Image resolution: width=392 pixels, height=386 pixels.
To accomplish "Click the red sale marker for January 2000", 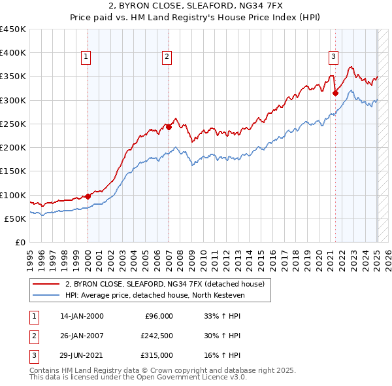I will [88, 196].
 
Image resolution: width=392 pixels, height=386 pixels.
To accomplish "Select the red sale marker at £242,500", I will [169, 128].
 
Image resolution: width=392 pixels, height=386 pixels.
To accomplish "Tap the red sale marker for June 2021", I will [335, 93].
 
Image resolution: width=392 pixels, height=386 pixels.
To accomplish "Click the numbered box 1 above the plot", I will [86, 58].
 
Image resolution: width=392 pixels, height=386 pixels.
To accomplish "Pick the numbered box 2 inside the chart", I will [167, 58].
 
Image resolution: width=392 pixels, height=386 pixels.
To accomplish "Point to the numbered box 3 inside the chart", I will [333, 58].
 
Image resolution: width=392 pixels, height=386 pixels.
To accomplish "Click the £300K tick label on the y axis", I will [13, 100].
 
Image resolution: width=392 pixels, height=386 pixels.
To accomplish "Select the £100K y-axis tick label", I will [13, 195].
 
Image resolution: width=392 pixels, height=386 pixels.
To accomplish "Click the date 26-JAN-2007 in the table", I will [82, 336].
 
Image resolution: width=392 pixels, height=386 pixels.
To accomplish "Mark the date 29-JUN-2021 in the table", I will [82, 355].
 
